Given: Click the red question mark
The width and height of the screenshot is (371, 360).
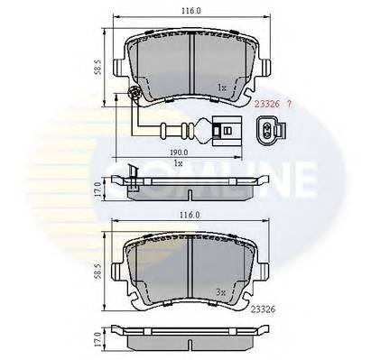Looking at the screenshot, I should tap(287, 106).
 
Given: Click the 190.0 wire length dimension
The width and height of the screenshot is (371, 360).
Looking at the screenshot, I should tap(180, 152).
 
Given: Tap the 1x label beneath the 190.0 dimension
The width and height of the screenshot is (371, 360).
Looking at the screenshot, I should tap(180, 163).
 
